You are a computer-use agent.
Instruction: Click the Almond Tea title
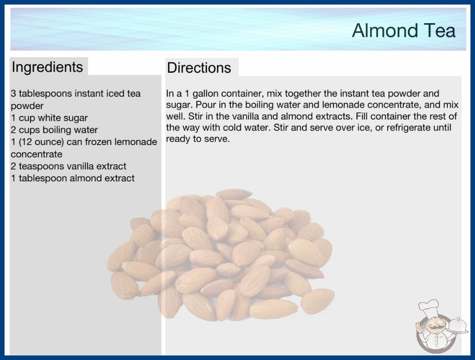tap(404, 30)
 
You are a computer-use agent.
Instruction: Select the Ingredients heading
tap(47, 67)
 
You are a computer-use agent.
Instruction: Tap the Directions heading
tap(199, 68)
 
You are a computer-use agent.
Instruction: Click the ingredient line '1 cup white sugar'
tap(49, 118)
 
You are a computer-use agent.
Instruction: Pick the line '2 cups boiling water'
tap(54, 130)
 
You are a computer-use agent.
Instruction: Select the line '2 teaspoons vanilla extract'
tap(69, 166)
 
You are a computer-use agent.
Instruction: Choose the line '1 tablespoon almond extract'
tap(73, 178)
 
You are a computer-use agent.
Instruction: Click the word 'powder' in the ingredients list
tap(27, 106)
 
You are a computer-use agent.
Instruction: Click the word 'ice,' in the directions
tap(365, 128)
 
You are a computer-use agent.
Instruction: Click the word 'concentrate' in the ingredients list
tap(37, 154)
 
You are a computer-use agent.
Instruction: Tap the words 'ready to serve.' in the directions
tap(198, 139)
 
